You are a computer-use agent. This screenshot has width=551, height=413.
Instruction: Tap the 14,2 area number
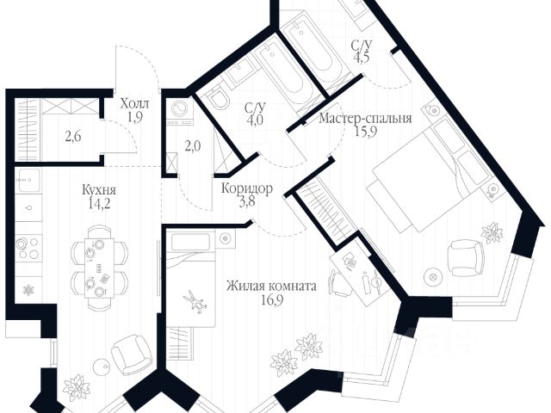77,205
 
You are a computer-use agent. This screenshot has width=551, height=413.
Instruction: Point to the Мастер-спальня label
365,118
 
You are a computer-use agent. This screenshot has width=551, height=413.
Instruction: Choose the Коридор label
247,188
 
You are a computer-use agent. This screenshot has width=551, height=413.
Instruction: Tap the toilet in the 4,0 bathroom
217,102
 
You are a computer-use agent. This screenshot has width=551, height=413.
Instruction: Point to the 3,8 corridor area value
246,203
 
